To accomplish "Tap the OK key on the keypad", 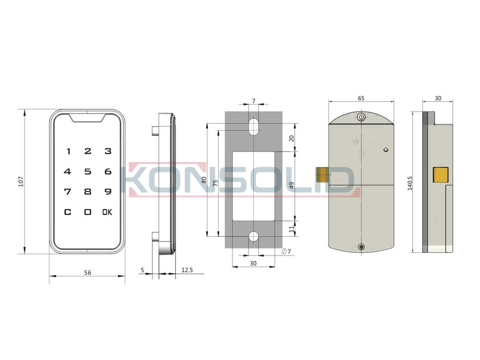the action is (107, 212).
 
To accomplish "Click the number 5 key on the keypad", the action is (88, 171).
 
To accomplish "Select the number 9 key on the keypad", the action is (108, 191).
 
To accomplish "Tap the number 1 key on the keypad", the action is (69, 151).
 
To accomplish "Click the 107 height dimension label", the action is (21, 181).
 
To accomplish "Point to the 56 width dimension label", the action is (87, 273).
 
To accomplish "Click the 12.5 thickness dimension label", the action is (187, 270).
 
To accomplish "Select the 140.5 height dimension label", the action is (410, 183).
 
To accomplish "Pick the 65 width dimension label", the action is (361, 98).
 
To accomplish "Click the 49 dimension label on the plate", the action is (291, 186).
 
